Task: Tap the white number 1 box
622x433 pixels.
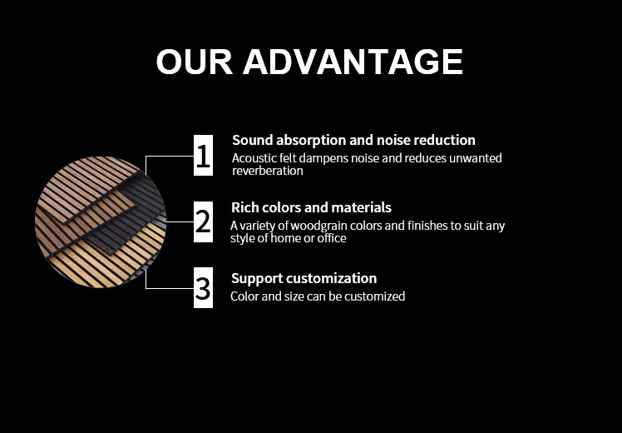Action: pyautogui.click(x=203, y=156)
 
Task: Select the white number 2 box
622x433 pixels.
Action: pyautogui.click(x=203, y=222)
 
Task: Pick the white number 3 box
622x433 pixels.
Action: pyautogui.click(x=203, y=288)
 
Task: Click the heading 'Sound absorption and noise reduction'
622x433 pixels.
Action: pyautogui.click(x=353, y=140)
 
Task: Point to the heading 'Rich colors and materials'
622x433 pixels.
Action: pyautogui.click(x=311, y=207)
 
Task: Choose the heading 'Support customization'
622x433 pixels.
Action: pyautogui.click(x=304, y=278)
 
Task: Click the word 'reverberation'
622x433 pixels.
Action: pyautogui.click(x=267, y=171)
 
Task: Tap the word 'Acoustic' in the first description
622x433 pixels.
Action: pyautogui.click(x=253, y=157)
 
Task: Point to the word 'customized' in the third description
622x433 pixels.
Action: pyautogui.click(x=376, y=296)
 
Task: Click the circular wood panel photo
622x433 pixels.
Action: pyautogui.click(x=100, y=222)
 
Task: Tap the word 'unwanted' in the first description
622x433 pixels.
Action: pyautogui.click(x=476, y=157)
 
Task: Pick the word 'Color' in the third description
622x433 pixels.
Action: pyautogui.click(x=244, y=296)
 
